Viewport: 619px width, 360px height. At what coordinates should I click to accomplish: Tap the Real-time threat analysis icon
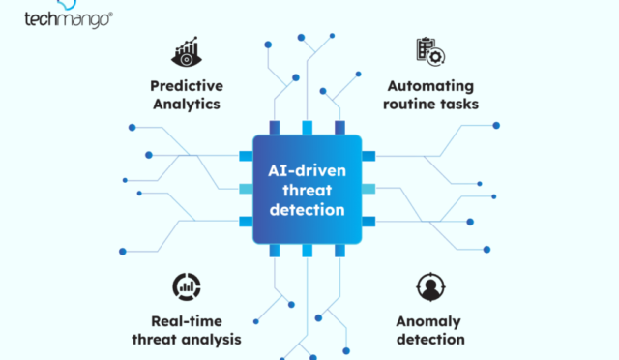[x=185, y=285]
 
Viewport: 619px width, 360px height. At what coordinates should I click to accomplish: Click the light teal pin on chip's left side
[x=245, y=189]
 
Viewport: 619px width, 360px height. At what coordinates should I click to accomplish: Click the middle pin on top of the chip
[x=307, y=127]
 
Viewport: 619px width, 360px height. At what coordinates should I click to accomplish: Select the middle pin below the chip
[x=307, y=251]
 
